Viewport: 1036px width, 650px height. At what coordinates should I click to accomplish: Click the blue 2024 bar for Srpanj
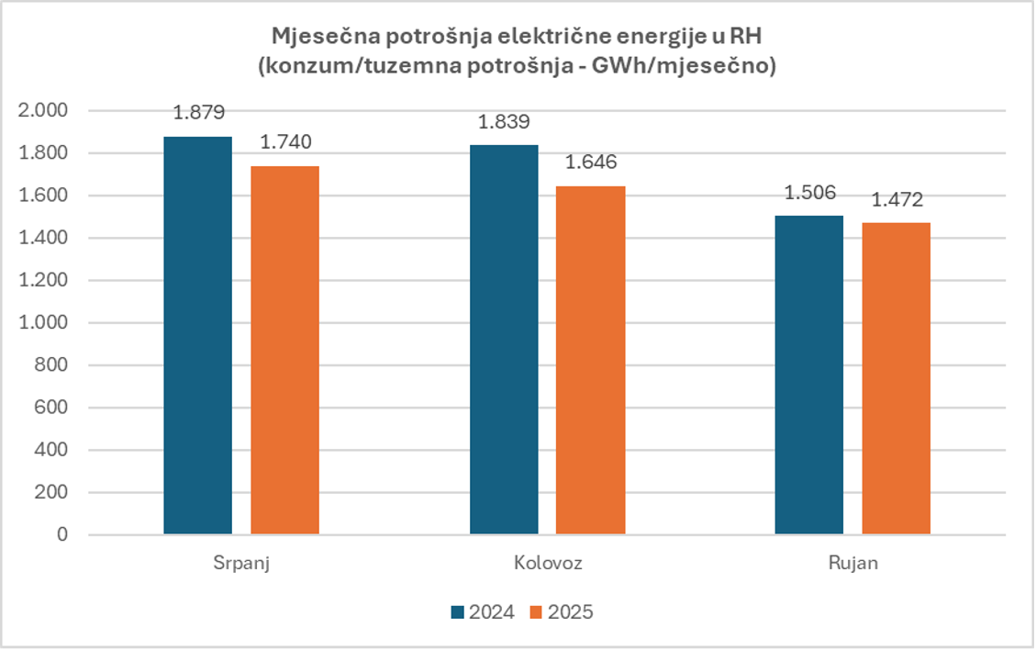click(197, 335)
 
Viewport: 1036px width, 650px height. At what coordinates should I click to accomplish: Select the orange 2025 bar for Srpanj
click(284, 350)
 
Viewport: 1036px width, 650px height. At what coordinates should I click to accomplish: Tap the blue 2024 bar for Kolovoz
click(504, 340)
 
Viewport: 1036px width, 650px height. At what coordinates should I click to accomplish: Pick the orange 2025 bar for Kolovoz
click(590, 360)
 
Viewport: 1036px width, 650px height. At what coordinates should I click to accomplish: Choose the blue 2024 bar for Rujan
click(808, 375)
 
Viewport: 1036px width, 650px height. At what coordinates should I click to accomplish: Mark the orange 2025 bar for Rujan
click(896, 378)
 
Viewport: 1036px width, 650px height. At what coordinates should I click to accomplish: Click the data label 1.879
click(198, 113)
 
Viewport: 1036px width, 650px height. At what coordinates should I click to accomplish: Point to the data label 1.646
click(591, 162)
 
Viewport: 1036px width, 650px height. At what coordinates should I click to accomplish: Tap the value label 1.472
click(896, 199)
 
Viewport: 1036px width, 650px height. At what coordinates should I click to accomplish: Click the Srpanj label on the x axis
click(241, 563)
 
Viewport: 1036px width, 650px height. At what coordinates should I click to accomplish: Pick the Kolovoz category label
click(548, 563)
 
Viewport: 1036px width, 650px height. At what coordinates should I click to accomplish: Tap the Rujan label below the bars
click(852, 563)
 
